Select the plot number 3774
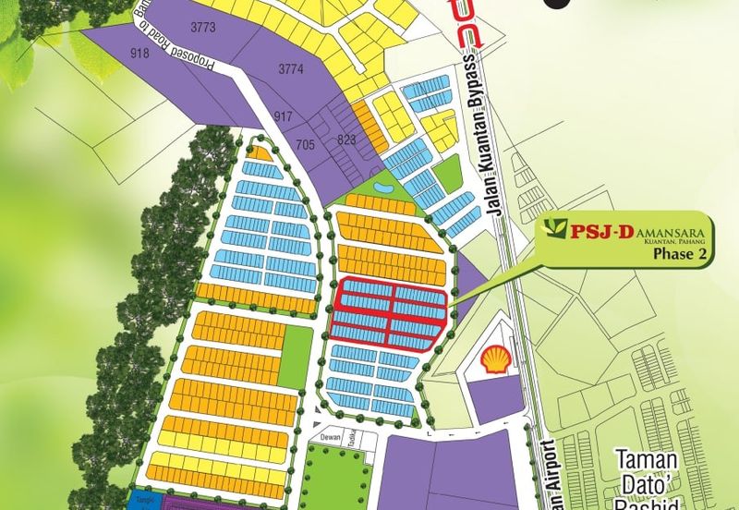coord(291,68)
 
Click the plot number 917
coord(283,116)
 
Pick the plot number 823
coord(347,140)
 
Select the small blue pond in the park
coord(382,190)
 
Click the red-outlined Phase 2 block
coord(389,314)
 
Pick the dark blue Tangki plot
coord(143,500)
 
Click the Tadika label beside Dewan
coord(352,441)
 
